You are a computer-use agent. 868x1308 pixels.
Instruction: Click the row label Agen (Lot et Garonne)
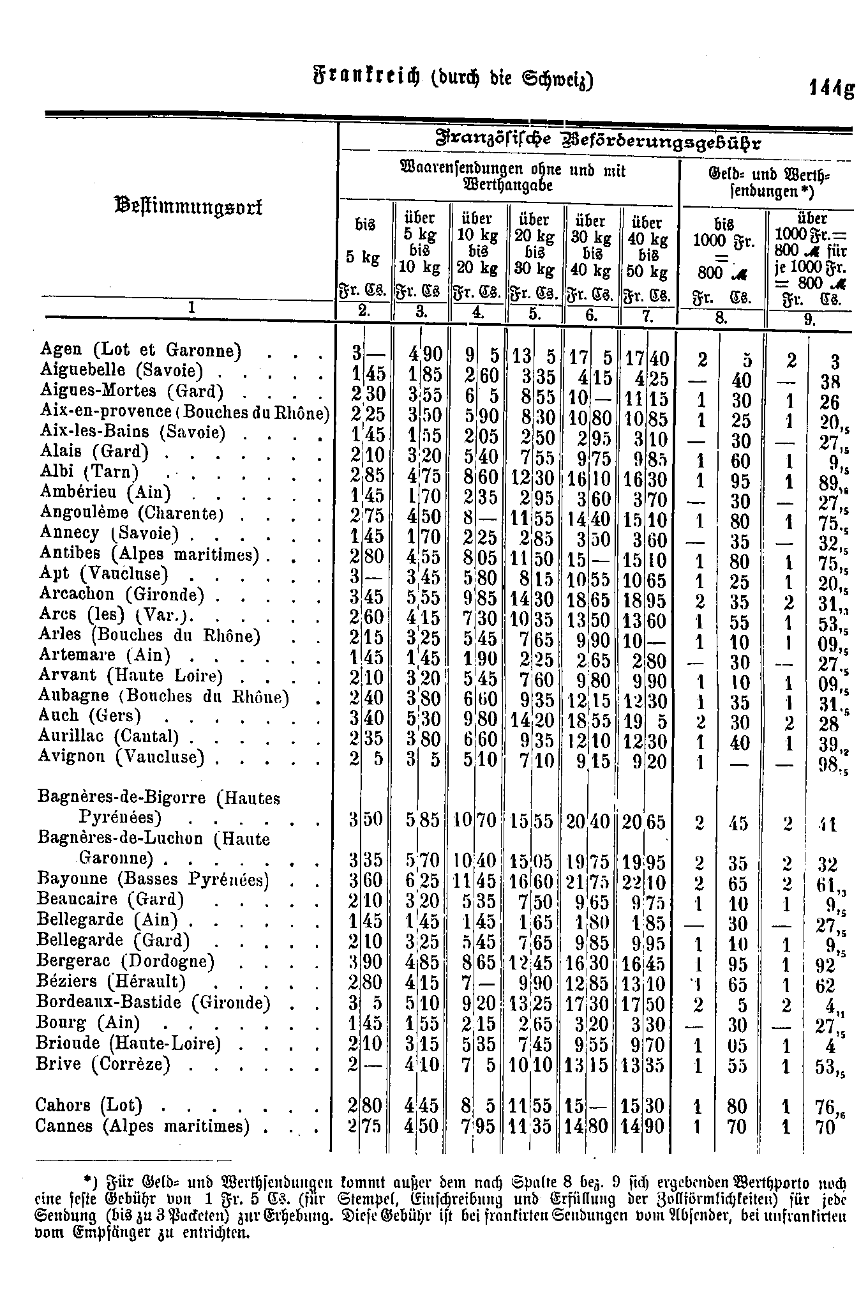pyautogui.click(x=140, y=350)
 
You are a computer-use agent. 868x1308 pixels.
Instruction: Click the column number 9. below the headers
pyautogui.click(x=810, y=320)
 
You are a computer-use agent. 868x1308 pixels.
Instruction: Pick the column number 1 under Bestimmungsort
pyautogui.click(x=190, y=307)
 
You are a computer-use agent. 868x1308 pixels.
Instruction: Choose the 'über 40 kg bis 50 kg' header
pyautogui.click(x=647, y=246)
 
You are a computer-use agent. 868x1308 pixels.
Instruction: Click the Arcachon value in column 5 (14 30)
pyautogui.click(x=534, y=601)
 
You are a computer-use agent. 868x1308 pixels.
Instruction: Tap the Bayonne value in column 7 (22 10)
pyautogui.click(x=647, y=883)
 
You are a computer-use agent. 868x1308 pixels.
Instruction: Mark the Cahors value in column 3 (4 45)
pyautogui.click(x=422, y=1106)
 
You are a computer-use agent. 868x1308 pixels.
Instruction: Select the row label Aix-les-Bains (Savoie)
pyautogui.click(x=132, y=432)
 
